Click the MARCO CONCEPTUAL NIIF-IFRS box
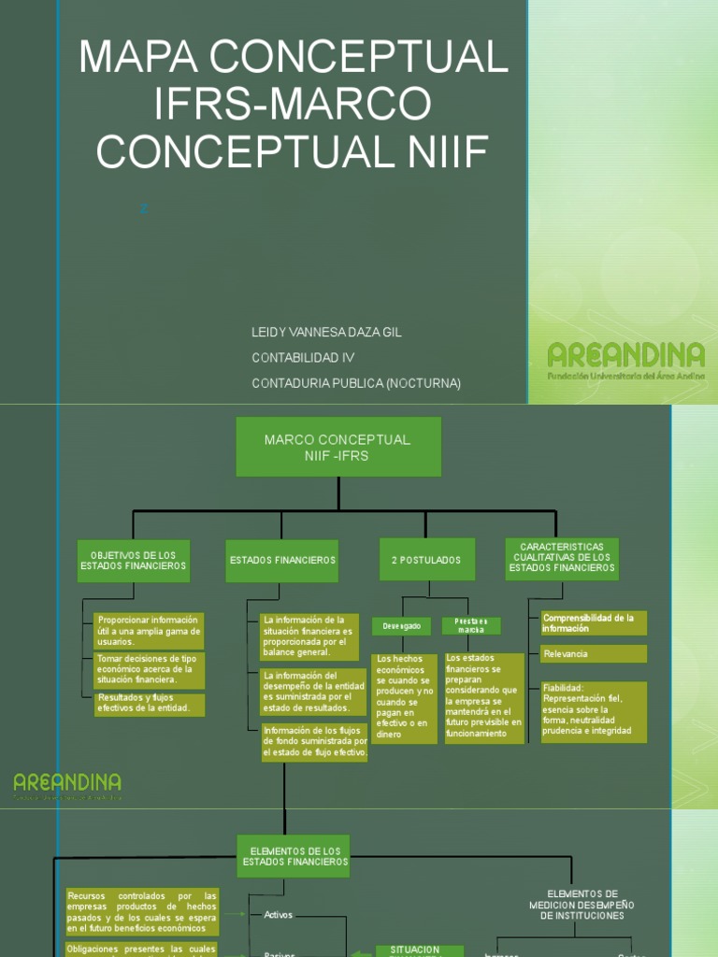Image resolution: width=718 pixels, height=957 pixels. point(337,447)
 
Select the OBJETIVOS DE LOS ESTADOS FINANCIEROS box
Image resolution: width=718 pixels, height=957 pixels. point(134,561)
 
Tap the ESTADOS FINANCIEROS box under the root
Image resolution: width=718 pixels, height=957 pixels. point(282,560)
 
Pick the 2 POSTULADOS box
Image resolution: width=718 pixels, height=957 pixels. point(426,560)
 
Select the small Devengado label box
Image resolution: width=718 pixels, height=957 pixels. point(401,626)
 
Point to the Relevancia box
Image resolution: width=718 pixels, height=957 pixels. point(594,653)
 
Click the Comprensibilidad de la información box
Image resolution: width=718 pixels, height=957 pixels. point(594,623)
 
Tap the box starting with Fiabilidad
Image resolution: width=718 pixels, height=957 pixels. point(594,712)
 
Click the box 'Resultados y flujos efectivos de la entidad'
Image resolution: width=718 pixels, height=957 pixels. point(150,703)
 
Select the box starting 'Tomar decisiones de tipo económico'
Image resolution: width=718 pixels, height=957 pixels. point(150,669)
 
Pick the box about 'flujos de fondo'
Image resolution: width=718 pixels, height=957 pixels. point(315,742)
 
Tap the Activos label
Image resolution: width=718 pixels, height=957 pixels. point(279,915)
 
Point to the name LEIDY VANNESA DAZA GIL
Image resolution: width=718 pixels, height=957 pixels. point(327,333)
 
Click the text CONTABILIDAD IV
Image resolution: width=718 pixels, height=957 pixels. point(304,358)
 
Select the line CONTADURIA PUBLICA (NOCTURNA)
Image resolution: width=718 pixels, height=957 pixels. point(356,383)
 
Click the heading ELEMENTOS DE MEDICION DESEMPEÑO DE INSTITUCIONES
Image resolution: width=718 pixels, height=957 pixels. point(582,904)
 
